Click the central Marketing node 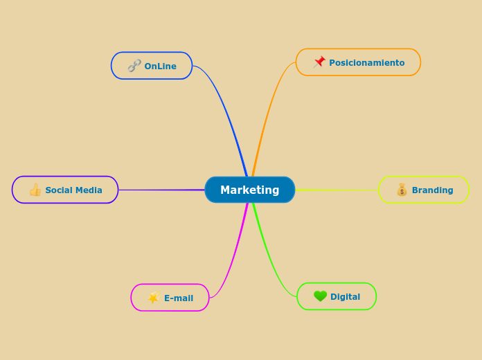coord(249,190)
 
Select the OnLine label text coord(160,66)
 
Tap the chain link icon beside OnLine coord(134,66)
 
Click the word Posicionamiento coord(366,63)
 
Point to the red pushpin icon coord(319,62)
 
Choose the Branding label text coord(432,190)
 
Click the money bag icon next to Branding coord(402,190)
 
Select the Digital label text coord(345,297)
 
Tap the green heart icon coord(320,296)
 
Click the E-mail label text coord(178,298)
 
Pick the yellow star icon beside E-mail coord(153,298)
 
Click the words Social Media coord(73,190)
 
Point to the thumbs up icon coord(35,190)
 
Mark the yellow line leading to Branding coord(339,190)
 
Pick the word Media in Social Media coord(89,190)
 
